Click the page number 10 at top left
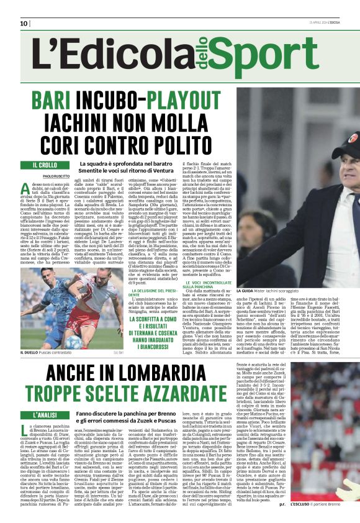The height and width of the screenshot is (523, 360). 24,24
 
